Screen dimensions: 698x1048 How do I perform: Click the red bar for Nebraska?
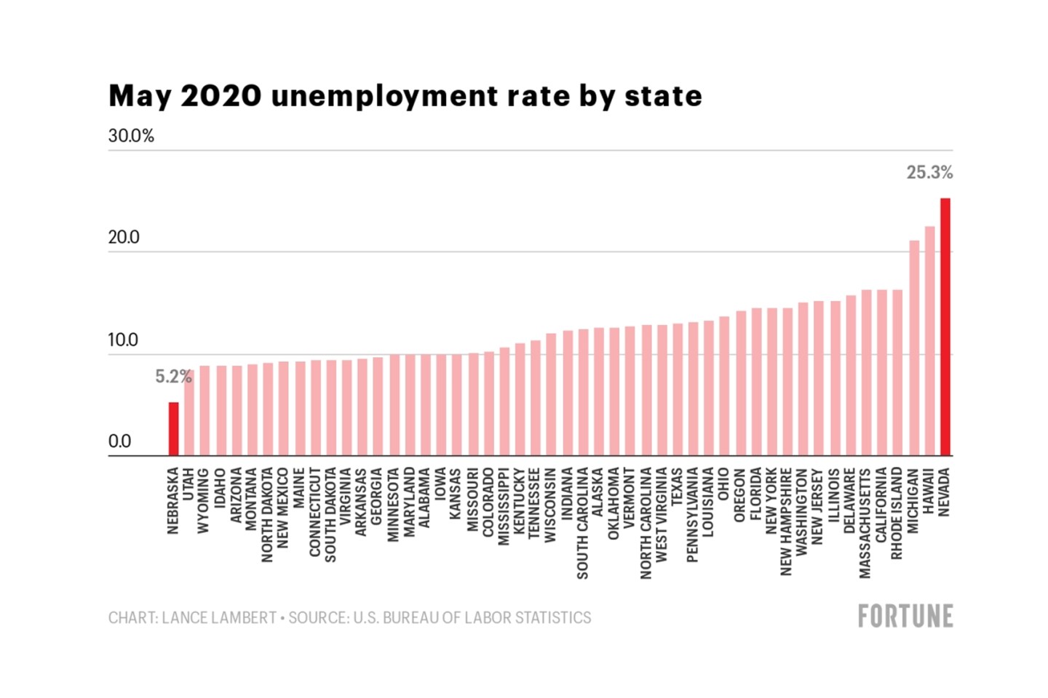coord(173,429)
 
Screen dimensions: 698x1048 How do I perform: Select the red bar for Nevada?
coord(945,327)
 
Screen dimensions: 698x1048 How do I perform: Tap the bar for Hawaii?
coord(929,342)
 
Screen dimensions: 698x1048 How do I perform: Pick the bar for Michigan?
coord(914,349)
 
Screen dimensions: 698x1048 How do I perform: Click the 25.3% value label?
coord(929,172)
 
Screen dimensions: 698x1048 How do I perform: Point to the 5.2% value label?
coord(172,377)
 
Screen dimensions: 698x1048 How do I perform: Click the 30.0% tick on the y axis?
coord(131,136)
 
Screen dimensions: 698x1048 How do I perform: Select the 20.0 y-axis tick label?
coord(124,238)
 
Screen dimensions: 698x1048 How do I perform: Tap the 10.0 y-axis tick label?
coord(123,340)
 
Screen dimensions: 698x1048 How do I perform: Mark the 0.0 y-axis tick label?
coord(119,441)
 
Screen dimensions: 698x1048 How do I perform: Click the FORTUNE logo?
coord(905,617)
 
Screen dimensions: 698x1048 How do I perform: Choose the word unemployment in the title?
coord(384,96)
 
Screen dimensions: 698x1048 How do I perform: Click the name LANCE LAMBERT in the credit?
coord(218,618)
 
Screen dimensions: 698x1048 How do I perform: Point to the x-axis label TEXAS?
coord(677,485)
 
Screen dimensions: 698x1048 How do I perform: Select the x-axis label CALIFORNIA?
coord(881,505)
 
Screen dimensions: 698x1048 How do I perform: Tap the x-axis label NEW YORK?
coord(771,501)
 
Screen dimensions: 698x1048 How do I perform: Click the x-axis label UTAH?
coord(188,483)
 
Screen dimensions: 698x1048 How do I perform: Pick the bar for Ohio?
coord(724,386)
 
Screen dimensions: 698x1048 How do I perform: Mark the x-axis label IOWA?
coord(440,483)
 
